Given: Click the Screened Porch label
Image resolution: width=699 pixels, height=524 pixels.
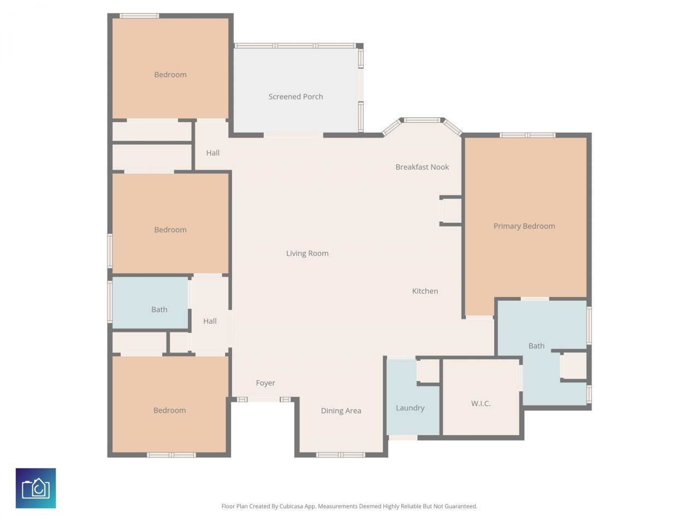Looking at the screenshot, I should pos(295,97).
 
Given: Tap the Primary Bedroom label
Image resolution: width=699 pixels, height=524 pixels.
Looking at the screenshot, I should pos(524,226).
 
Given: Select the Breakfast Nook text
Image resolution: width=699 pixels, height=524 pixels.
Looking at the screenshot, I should pos(422,167).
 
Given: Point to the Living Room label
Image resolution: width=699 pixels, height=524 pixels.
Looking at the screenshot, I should pos(307,253).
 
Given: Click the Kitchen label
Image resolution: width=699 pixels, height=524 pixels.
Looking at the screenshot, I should pos(425,291).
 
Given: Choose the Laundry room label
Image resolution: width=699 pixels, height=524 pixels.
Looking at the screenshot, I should pos(410,408).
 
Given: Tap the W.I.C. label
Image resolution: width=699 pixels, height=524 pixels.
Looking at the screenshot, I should pos(481,403).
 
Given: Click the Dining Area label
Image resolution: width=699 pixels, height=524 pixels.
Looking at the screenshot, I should pos(341,410).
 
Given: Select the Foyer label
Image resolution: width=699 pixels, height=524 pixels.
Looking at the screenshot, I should pos(265,383).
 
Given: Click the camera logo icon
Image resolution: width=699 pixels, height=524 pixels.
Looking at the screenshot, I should pos(35,488).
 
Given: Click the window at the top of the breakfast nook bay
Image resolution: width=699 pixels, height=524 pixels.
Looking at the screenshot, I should pos(422,120).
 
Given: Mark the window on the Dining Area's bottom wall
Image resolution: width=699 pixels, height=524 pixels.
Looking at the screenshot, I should pos(341,455).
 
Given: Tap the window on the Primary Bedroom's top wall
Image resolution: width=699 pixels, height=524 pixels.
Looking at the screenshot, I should pos(528,135).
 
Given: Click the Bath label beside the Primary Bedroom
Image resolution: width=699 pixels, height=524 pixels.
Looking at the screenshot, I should pos(536,346).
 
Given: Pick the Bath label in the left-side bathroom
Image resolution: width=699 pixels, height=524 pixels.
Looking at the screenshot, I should pos(159,309).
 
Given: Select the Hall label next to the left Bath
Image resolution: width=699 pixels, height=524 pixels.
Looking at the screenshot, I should pos(210,321).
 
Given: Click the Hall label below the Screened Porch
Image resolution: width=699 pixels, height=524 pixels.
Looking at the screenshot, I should pos(213,153).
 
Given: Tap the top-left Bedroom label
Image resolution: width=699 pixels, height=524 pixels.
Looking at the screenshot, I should pos(170,75).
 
